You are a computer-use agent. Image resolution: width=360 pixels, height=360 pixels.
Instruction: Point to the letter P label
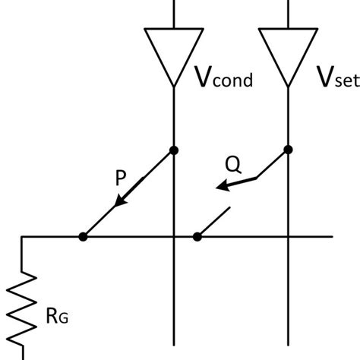coord(121,179)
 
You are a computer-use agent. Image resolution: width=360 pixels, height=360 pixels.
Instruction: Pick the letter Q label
coord(235,163)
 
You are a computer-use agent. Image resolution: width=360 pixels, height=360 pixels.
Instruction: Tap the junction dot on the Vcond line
coord(175,150)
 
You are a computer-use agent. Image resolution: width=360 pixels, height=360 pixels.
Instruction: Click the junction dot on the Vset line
coord(289,150)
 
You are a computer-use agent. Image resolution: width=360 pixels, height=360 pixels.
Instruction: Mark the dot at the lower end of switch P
coord(83,237)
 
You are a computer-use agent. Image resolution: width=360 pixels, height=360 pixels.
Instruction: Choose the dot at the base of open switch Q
coord(197,237)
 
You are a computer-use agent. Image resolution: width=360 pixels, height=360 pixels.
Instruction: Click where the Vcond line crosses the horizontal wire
coord(175,237)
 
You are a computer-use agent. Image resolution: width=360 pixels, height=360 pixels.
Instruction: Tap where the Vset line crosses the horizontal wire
coord(289,237)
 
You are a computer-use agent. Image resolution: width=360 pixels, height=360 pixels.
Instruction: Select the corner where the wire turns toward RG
coord(23,237)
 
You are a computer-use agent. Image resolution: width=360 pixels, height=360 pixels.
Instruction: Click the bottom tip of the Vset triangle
coord(289,85)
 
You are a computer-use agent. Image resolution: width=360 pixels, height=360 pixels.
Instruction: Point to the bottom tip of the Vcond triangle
coord(175,85)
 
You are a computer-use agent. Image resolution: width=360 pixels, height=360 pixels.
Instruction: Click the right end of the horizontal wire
coord(332,237)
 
